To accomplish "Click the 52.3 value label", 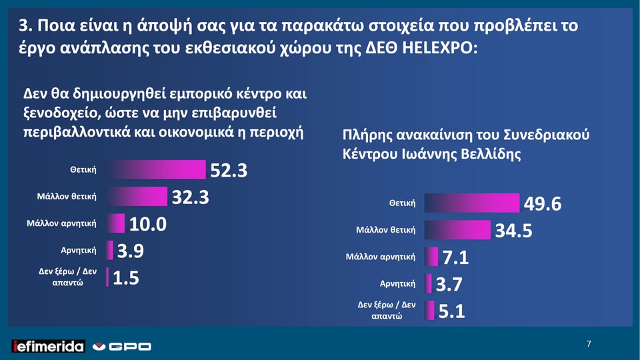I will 229,171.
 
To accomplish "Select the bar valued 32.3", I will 138,197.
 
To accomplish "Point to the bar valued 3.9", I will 110,250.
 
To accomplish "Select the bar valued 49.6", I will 471,203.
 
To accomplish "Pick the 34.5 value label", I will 513,231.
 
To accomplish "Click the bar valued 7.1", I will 431,256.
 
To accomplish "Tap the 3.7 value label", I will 450,285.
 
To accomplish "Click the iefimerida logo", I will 49,346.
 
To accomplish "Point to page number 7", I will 589,344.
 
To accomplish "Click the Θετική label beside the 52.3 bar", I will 83,171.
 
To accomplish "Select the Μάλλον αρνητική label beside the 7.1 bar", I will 380,256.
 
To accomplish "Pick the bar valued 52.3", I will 157,170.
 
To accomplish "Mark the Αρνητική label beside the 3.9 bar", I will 79,251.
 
